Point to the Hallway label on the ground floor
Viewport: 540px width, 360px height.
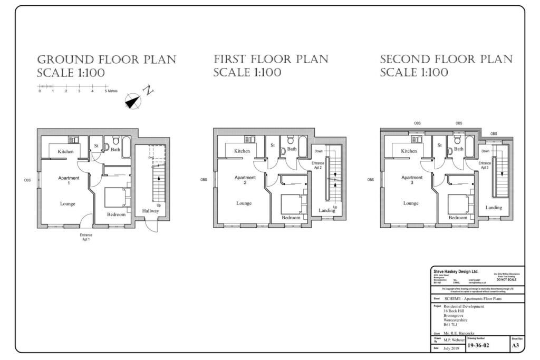point(150,211)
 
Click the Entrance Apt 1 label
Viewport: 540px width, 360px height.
point(86,237)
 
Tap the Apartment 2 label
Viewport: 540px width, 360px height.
point(245,180)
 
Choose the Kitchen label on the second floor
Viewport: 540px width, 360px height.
point(409,151)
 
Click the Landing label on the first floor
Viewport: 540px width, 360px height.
point(327,211)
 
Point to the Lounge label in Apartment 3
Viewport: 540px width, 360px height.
point(411,203)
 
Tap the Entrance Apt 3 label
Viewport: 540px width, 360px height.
point(485,166)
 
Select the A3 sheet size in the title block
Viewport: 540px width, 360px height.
point(515,346)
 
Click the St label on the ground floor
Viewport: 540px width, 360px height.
point(97,145)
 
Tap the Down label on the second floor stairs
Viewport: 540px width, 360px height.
point(485,151)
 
